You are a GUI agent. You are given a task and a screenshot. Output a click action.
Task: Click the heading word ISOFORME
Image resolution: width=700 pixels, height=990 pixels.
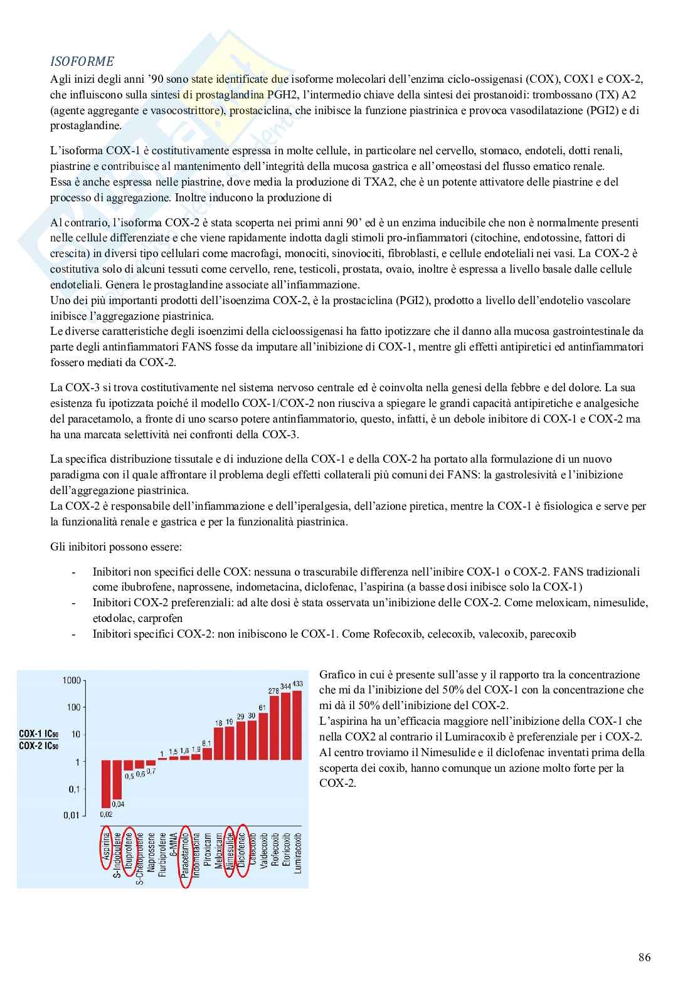(82, 61)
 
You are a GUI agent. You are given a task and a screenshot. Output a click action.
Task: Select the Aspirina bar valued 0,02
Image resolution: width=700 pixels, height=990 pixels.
(106, 784)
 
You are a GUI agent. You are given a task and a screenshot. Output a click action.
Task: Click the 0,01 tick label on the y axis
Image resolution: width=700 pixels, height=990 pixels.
(72, 815)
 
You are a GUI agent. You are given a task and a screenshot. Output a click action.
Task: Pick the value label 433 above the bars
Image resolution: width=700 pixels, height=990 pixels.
(297, 683)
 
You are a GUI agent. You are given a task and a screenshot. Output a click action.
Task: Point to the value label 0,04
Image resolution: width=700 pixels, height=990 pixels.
(117, 804)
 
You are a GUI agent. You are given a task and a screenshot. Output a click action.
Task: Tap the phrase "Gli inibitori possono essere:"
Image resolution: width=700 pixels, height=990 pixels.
(116, 547)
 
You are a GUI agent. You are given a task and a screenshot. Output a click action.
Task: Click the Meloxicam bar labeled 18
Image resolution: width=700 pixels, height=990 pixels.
(218, 745)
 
